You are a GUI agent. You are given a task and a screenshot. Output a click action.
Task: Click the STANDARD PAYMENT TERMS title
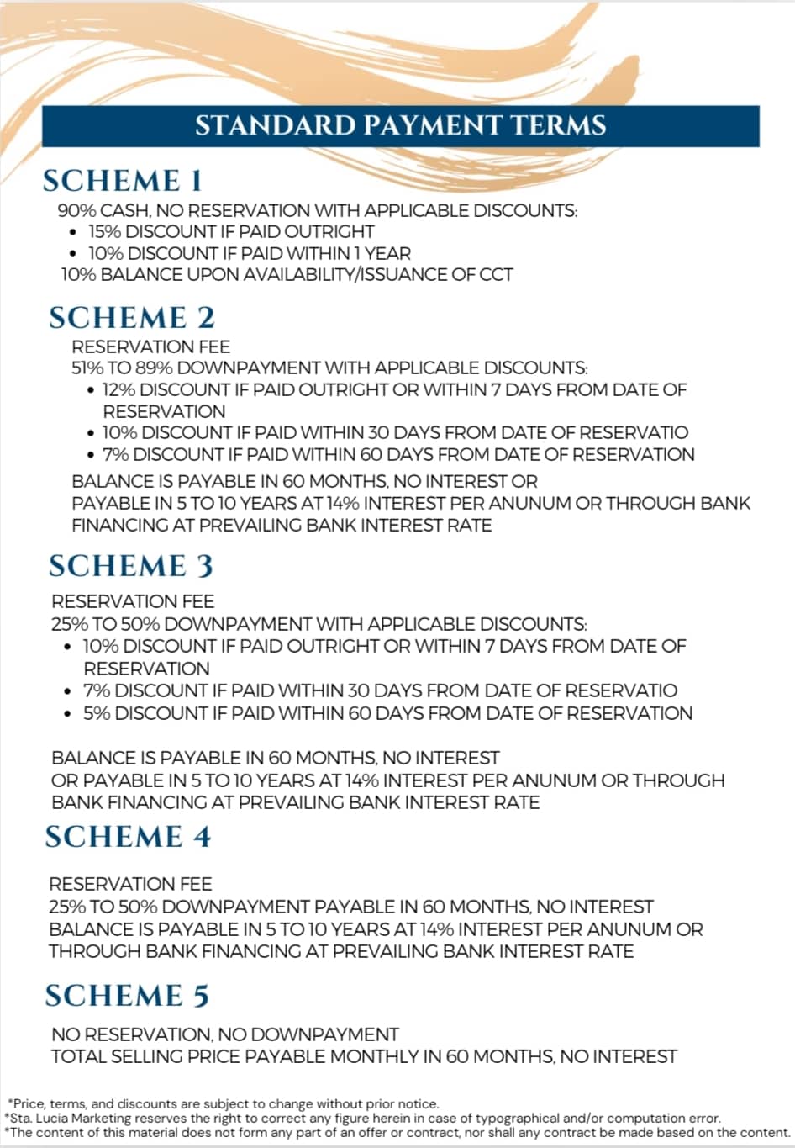[400, 126]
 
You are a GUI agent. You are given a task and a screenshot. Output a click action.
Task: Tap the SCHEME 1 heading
[123, 181]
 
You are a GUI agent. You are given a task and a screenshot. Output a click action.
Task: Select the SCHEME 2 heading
[132, 317]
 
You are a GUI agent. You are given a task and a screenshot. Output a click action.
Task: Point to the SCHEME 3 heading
[131, 566]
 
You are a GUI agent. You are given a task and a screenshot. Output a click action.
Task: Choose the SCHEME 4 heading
[128, 837]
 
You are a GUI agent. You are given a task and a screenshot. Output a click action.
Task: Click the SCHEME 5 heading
[127, 996]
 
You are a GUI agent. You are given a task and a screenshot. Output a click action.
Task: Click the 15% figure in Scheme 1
[105, 231]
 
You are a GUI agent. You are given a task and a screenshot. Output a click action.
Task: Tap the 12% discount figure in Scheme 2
[119, 390]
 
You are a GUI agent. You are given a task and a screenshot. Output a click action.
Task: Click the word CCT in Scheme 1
[495, 274]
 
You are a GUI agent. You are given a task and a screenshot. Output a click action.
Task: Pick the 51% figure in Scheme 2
[88, 368]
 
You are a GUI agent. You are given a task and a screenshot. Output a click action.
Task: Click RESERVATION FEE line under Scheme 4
[130, 884]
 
